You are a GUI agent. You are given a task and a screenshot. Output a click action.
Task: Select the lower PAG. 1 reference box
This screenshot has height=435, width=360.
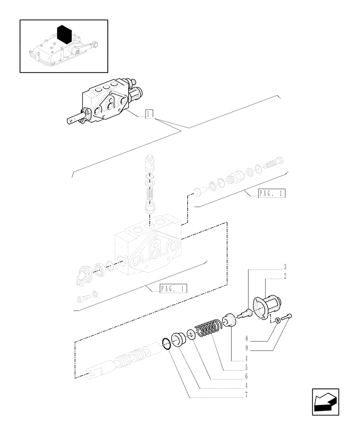pos(173,288)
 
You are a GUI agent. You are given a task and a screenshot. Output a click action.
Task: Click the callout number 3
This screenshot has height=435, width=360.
pos(248,266)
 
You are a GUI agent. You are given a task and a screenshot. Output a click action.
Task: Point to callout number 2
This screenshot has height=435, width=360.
pos(248,276)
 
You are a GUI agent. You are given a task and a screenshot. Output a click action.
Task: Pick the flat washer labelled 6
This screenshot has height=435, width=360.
pos(191,335)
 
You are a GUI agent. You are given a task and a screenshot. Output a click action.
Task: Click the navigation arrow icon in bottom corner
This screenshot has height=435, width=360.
pos(326,402)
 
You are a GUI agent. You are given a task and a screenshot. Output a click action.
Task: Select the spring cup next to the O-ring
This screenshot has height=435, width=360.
pos(178,339)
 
